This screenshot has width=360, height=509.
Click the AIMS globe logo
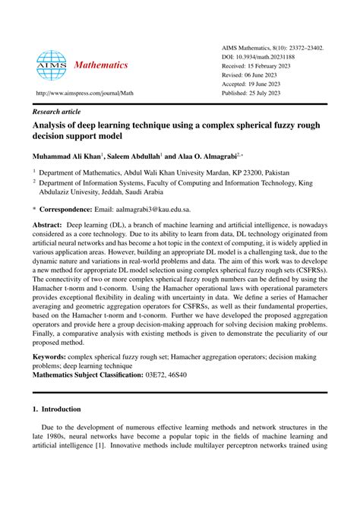[x=52, y=66]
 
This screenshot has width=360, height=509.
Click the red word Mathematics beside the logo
[x=102, y=65]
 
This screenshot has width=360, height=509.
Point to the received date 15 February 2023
[x=273, y=66]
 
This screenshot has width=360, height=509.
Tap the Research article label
[x=58, y=109]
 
